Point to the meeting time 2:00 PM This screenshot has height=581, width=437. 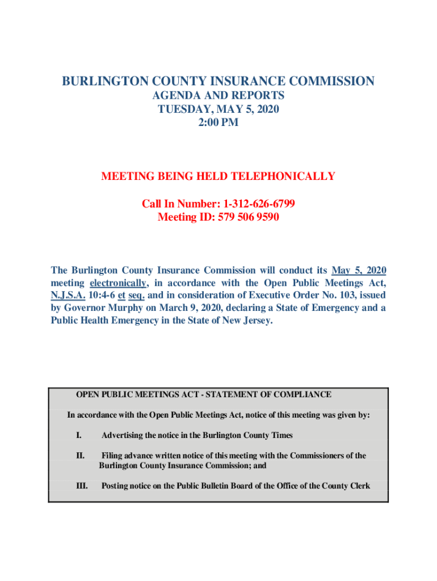pos(218,123)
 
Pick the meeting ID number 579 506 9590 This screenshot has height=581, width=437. pos(245,217)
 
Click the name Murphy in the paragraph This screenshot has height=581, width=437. pos(123,308)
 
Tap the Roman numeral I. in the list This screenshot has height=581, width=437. pos(79,436)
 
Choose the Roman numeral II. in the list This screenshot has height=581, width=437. pos(81,456)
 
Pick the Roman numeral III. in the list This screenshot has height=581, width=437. pos(82,486)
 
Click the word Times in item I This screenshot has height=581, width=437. pos(282,436)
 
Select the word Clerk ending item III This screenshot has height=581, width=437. pos(359,486)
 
